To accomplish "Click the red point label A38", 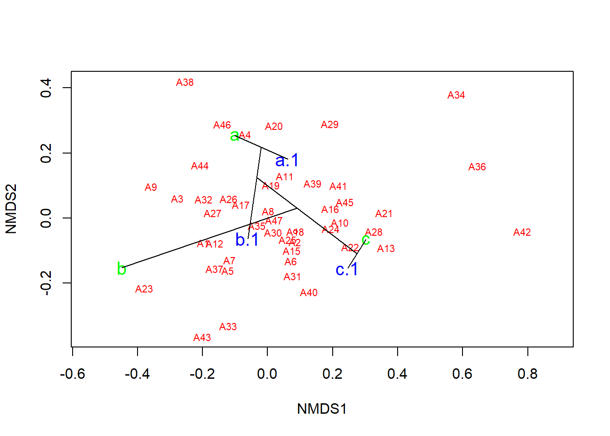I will [185, 83].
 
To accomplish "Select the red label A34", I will [456, 95].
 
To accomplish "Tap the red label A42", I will [522, 233].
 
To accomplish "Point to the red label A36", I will [477, 167].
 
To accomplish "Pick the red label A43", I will [202, 338].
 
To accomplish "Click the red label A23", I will [144, 289].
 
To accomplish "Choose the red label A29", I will [330, 125].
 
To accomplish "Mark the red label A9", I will [151, 188].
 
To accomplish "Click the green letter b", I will [121, 269].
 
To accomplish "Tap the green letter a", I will [234, 136].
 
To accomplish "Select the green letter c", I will [366, 239].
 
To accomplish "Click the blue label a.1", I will [287, 160].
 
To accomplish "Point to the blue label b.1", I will [247, 240].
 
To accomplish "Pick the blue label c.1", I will [347, 270].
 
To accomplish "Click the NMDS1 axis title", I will [322, 409].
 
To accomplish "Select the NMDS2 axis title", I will [11, 209].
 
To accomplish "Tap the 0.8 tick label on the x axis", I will [527, 374].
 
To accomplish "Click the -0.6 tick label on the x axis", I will [73, 374].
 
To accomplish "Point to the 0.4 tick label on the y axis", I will [46, 88].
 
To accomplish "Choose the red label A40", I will [309, 293].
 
